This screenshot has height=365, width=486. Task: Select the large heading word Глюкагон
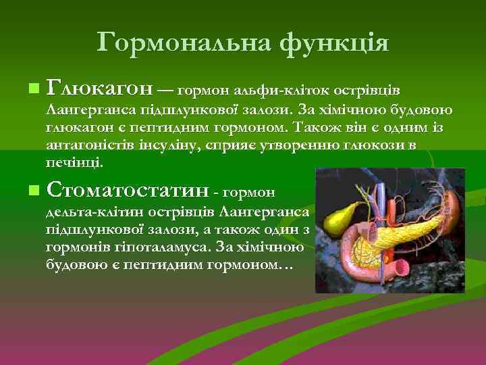point(100,88)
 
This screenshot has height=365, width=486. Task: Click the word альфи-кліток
point(279,90)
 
